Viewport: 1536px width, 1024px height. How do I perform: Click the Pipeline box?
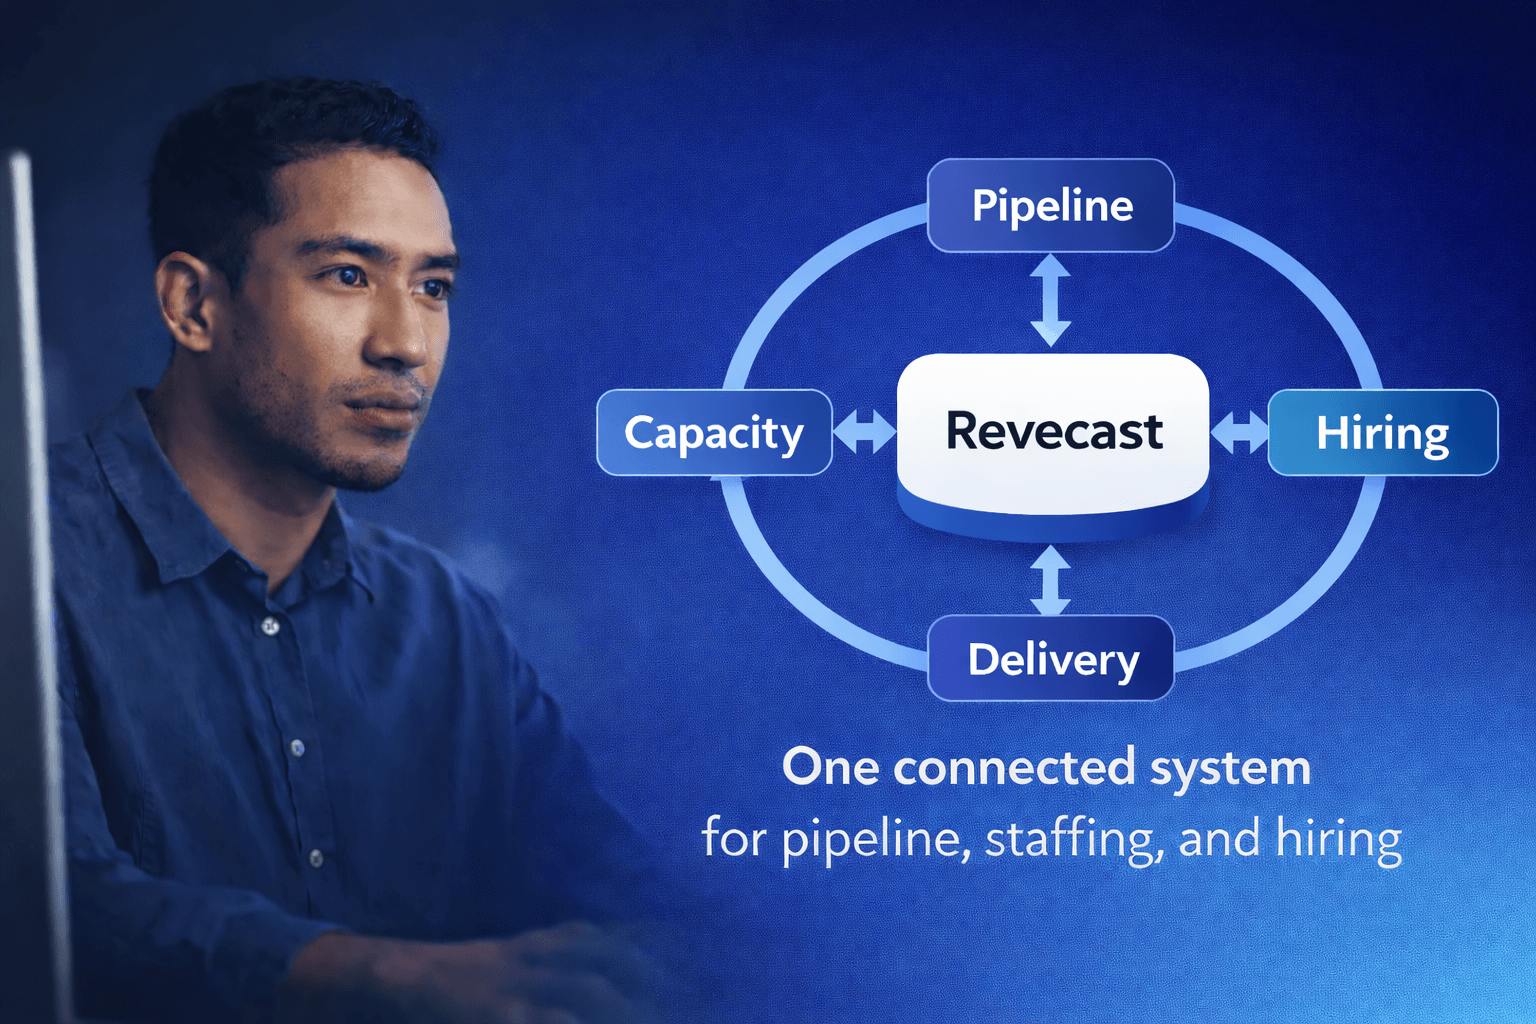[1050, 206]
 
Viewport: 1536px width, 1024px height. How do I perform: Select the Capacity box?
[714, 433]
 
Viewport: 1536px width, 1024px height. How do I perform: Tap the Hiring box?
[1382, 433]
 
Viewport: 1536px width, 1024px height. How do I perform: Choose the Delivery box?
[1050, 659]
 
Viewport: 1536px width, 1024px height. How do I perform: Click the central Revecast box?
[1053, 432]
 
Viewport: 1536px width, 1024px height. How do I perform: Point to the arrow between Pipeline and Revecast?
[1050, 300]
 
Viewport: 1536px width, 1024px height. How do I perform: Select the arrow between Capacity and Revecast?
[864, 432]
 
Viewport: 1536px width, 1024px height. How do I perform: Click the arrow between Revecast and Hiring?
[1239, 432]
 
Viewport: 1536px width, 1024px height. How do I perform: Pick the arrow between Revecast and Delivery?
[1050, 580]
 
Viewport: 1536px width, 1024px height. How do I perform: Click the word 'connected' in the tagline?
[1014, 768]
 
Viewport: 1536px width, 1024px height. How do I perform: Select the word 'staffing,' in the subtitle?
[1074, 838]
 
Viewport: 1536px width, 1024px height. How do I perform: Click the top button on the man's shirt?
[270, 626]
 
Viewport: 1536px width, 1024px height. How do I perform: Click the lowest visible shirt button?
[316, 858]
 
